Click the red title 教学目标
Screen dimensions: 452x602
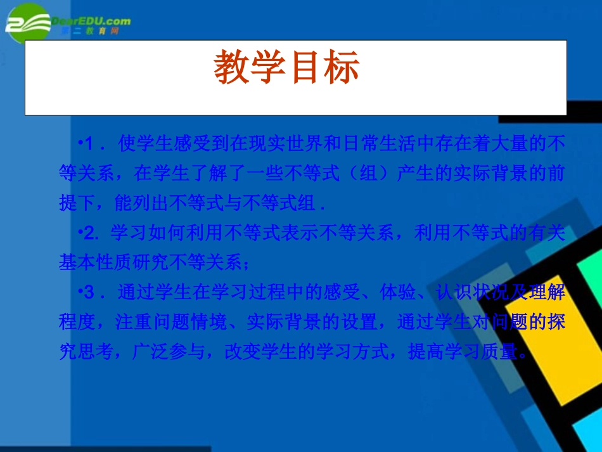286,69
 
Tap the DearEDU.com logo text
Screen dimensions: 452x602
96,20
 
